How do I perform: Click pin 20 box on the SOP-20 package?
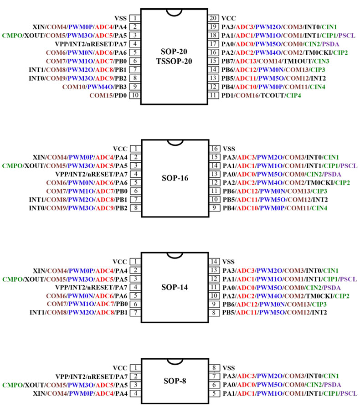213,18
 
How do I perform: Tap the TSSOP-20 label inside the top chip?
174,62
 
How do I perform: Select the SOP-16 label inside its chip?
175,178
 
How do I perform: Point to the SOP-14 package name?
175,287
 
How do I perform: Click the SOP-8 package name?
175,381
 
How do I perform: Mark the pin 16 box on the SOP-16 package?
214,149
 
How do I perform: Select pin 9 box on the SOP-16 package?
214,208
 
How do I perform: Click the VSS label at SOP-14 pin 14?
228,262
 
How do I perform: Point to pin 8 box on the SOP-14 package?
214,312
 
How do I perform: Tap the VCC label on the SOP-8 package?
120,368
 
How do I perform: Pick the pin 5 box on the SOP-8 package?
214,393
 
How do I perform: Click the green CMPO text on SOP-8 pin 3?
12,385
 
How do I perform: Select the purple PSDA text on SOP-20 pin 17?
330,44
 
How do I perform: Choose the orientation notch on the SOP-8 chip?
175,361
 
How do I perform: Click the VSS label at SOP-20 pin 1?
120,18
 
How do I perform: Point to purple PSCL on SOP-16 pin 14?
348,166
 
